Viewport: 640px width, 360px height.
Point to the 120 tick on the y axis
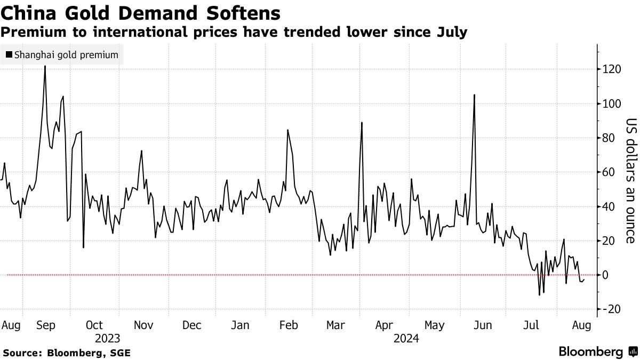612,69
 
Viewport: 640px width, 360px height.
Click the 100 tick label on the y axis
612,103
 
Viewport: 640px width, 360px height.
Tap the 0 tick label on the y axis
605,275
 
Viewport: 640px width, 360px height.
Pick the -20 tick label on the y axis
612,309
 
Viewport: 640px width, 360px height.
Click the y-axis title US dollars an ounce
631,182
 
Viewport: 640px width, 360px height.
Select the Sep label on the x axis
46,325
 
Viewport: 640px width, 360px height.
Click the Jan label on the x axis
240,325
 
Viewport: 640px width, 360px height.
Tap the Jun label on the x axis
483,325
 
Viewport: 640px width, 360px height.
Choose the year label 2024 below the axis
406,338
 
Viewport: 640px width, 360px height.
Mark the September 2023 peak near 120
45,66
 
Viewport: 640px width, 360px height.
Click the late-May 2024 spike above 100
474,95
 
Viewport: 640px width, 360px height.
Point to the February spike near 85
288,130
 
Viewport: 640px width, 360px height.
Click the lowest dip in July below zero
539,294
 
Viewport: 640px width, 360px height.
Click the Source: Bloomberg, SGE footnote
67,353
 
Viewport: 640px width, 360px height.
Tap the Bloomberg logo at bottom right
598,352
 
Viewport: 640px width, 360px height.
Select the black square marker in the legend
9,55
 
